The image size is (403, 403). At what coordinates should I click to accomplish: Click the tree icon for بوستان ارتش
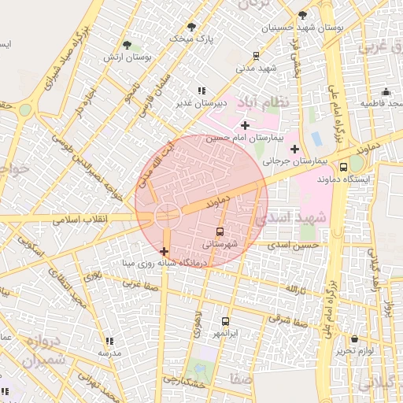(128, 45)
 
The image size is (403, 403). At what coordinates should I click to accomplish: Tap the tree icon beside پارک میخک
(192, 27)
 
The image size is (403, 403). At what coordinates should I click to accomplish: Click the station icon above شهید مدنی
(257, 55)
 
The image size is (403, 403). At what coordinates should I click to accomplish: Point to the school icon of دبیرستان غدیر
(201, 91)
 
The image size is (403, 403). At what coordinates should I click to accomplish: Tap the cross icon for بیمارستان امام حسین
(246, 125)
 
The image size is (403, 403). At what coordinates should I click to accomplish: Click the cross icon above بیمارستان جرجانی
(294, 149)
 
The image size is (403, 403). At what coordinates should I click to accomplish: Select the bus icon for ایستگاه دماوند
(343, 167)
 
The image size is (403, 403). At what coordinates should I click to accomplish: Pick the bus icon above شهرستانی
(220, 231)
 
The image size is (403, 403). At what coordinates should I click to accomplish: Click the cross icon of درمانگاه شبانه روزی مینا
(163, 251)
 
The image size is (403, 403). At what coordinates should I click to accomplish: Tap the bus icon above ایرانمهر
(226, 321)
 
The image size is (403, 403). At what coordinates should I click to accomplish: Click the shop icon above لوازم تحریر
(342, 337)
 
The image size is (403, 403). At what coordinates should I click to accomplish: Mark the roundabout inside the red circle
(166, 214)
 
